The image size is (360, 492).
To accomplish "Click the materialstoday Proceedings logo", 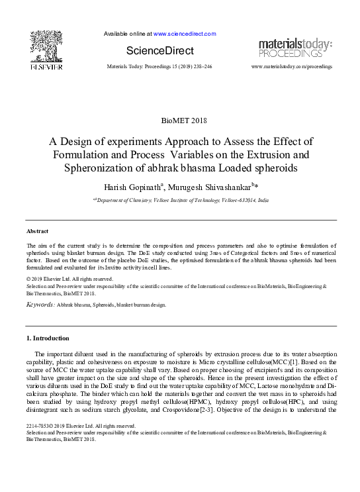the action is [295, 48].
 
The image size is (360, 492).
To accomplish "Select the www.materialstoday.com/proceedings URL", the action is [292, 67].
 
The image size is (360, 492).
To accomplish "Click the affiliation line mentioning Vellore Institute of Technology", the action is [180, 199].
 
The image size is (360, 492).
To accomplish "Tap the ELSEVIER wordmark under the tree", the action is [45, 67].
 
